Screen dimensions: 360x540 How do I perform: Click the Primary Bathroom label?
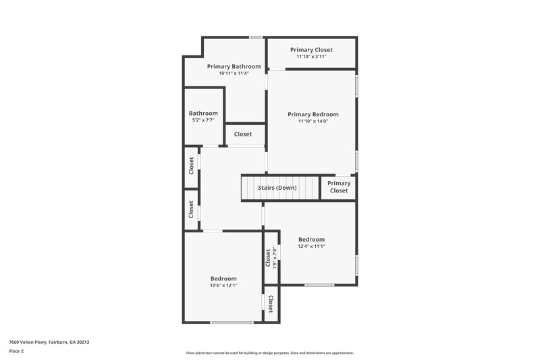point(234,66)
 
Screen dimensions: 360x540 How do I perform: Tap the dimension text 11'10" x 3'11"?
point(311,57)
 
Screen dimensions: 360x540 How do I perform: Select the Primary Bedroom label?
point(313,114)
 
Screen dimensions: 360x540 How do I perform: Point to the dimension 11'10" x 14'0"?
point(313,122)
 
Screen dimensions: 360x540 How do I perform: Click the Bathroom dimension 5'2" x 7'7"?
point(203,120)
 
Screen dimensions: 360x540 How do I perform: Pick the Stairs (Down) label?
point(277,188)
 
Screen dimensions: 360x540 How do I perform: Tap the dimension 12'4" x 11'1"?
point(311,247)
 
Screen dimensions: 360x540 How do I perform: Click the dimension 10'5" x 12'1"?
point(223,286)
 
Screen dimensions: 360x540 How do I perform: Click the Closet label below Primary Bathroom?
point(243,134)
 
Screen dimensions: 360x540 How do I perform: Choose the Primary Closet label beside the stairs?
point(339,187)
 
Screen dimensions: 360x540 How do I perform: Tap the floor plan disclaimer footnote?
point(269,353)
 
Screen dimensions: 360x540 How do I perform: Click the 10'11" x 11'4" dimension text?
point(234,73)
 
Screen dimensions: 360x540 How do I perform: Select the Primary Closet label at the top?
point(311,49)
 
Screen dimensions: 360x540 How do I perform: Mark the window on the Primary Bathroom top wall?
point(255,37)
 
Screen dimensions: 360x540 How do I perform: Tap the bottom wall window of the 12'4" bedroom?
point(319,285)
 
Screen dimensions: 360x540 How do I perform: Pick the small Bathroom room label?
point(203,113)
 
